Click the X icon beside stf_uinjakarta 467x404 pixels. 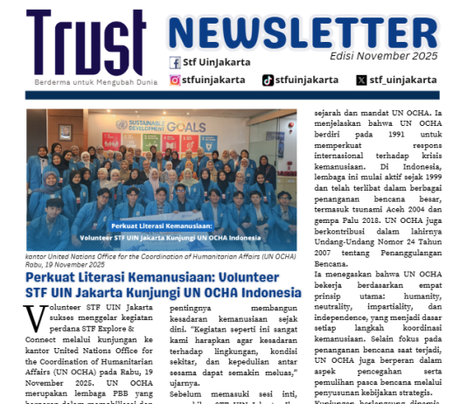click(361, 80)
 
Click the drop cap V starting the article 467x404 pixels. click(35, 317)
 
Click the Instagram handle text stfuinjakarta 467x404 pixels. click(218, 80)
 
